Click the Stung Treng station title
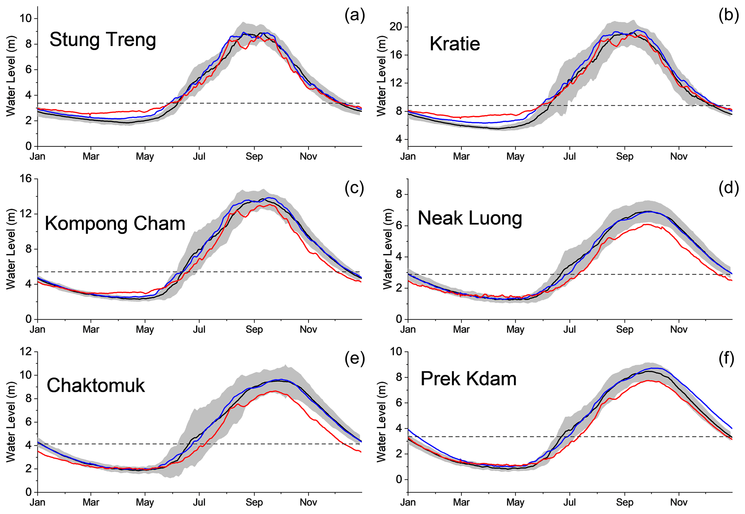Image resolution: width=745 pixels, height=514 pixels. click(103, 40)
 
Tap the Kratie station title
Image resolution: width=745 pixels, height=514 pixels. click(454, 44)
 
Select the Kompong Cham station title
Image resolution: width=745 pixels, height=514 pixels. click(115, 223)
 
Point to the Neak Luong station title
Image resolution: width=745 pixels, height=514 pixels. click(470, 218)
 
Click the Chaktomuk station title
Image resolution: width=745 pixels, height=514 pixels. click(96, 385)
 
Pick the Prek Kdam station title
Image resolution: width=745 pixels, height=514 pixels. click(468, 379)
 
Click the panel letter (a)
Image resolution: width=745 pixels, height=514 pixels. click(355, 15)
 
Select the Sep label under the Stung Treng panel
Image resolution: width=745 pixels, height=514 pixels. click(254, 156)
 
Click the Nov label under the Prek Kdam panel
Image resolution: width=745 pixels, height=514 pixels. click(679, 502)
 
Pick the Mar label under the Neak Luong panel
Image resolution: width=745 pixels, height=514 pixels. click(461, 329)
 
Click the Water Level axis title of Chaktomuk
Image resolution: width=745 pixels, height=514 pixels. click(11, 422)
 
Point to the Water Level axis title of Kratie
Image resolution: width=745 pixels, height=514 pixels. click(381, 76)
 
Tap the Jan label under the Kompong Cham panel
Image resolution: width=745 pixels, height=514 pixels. click(37, 329)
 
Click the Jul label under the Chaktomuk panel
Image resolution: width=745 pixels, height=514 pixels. click(199, 502)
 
